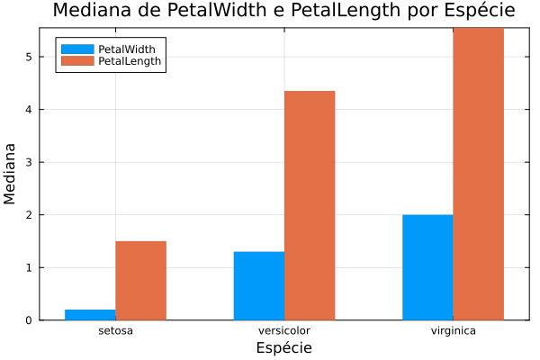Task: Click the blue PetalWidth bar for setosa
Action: pos(90,314)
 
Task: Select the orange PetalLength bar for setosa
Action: pos(140,280)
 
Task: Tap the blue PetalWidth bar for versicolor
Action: pos(259,285)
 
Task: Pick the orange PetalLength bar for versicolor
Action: pos(310,205)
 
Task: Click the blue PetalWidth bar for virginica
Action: pos(427,267)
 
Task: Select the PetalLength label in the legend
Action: pos(130,61)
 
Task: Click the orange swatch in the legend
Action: pos(77,61)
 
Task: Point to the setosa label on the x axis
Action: pos(115,331)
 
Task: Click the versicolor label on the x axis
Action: pos(284,331)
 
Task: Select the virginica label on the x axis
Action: pos(453,331)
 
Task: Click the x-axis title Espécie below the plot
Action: pos(283,347)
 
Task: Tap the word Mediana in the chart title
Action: pos(89,12)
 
